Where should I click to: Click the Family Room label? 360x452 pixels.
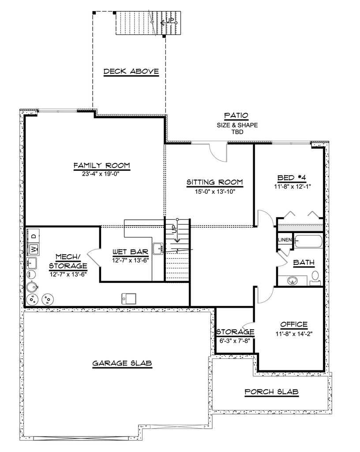[x=101, y=166]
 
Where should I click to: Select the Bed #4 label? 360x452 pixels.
[x=292, y=178]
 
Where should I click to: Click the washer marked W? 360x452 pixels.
[x=34, y=249]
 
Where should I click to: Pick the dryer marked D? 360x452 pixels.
[x=34, y=235]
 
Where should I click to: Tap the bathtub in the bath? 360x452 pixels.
[x=308, y=241]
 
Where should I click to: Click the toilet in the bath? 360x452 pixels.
[x=315, y=277]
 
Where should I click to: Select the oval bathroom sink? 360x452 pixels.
[x=292, y=280]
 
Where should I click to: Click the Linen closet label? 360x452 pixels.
[x=285, y=240]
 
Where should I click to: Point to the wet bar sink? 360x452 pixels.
[x=158, y=249]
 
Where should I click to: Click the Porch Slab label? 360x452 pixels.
[x=271, y=392]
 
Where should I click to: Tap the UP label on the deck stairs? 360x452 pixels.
[x=169, y=20]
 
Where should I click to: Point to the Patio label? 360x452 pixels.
[x=236, y=116]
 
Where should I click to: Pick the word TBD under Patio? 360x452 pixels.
[x=237, y=132]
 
